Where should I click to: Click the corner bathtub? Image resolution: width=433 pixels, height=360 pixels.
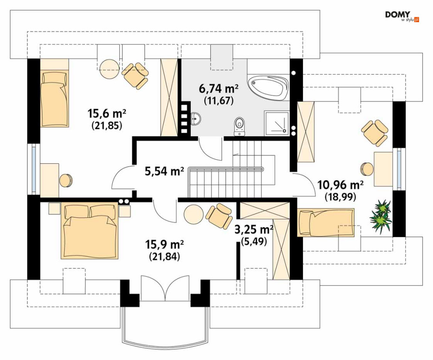point(268,88)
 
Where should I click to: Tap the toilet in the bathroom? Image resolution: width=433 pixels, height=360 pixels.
point(239,127)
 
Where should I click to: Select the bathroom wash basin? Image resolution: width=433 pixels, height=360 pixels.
point(195,119)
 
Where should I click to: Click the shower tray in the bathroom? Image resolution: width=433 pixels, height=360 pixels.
point(277,123)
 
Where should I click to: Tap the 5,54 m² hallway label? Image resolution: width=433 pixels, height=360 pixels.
point(164,171)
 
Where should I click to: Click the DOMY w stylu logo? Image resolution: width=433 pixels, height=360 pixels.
point(402,16)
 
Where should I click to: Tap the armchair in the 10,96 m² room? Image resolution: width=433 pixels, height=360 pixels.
point(375,133)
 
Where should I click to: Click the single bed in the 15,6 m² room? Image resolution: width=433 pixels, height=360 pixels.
point(54,99)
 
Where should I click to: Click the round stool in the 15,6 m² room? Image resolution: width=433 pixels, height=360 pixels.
point(66,180)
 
